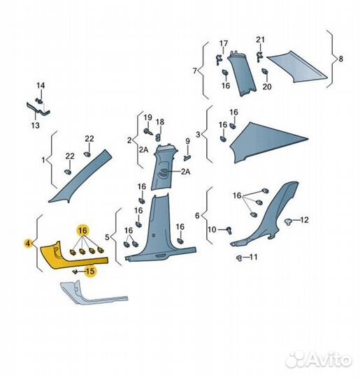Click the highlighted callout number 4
pyautogui.click(x=28, y=244)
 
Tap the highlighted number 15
pyautogui.click(x=90, y=271)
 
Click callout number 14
pyautogui.click(x=41, y=85)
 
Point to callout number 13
pyautogui.click(x=35, y=125)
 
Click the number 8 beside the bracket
pyautogui.click(x=340, y=59)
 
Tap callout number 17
pyautogui.click(x=224, y=43)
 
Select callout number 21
pyautogui.click(x=260, y=39)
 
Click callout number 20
pyautogui.click(x=267, y=87)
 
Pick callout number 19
pyautogui.click(x=147, y=117)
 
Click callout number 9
pyautogui.click(x=187, y=141)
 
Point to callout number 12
pyautogui.click(x=304, y=220)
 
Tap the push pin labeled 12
pyautogui.click(x=288, y=222)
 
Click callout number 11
pyautogui.click(x=253, y=257)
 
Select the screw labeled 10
pyautogui.click(x=230, y=230)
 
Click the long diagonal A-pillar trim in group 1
pyautogui.click(x=80, y=176)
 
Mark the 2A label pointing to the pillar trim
pyautogui.click(x=185, y=172)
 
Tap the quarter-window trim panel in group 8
pyautogui.click(x=296, y=66)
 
